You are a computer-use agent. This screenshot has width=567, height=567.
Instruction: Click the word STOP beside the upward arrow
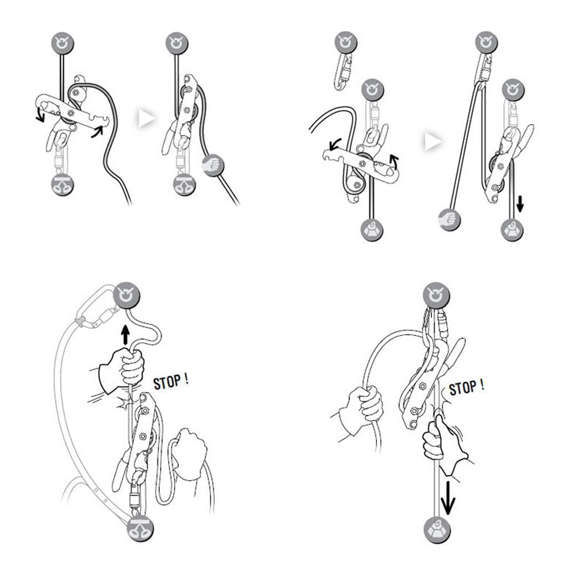pos(167,382)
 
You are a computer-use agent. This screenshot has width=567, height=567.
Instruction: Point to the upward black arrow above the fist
pos(125,335)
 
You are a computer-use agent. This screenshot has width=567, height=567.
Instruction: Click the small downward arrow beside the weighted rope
pos(520,204)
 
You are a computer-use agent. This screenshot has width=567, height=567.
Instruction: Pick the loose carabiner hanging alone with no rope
pos(343,72)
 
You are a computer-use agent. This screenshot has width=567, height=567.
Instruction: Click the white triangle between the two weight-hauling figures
pos(433,141)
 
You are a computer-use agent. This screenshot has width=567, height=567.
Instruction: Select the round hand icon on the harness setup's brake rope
pos(213,166)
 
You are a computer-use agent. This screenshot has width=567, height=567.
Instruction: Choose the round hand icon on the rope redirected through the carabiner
pos(449,219)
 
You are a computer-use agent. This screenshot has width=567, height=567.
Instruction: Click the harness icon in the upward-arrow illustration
pos(140,528)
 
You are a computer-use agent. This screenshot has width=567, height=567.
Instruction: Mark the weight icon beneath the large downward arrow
pos(437,530)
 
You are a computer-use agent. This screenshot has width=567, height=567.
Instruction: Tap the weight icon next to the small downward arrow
pos(512,230)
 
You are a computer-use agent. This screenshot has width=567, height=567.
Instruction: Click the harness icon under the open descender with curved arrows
pos(63,185)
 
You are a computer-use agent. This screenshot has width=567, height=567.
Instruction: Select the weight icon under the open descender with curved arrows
pos(372,230)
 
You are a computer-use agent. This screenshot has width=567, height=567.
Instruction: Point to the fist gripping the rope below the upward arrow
pos(122,369)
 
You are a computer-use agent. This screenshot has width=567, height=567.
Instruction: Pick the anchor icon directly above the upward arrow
pos(127,295)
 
